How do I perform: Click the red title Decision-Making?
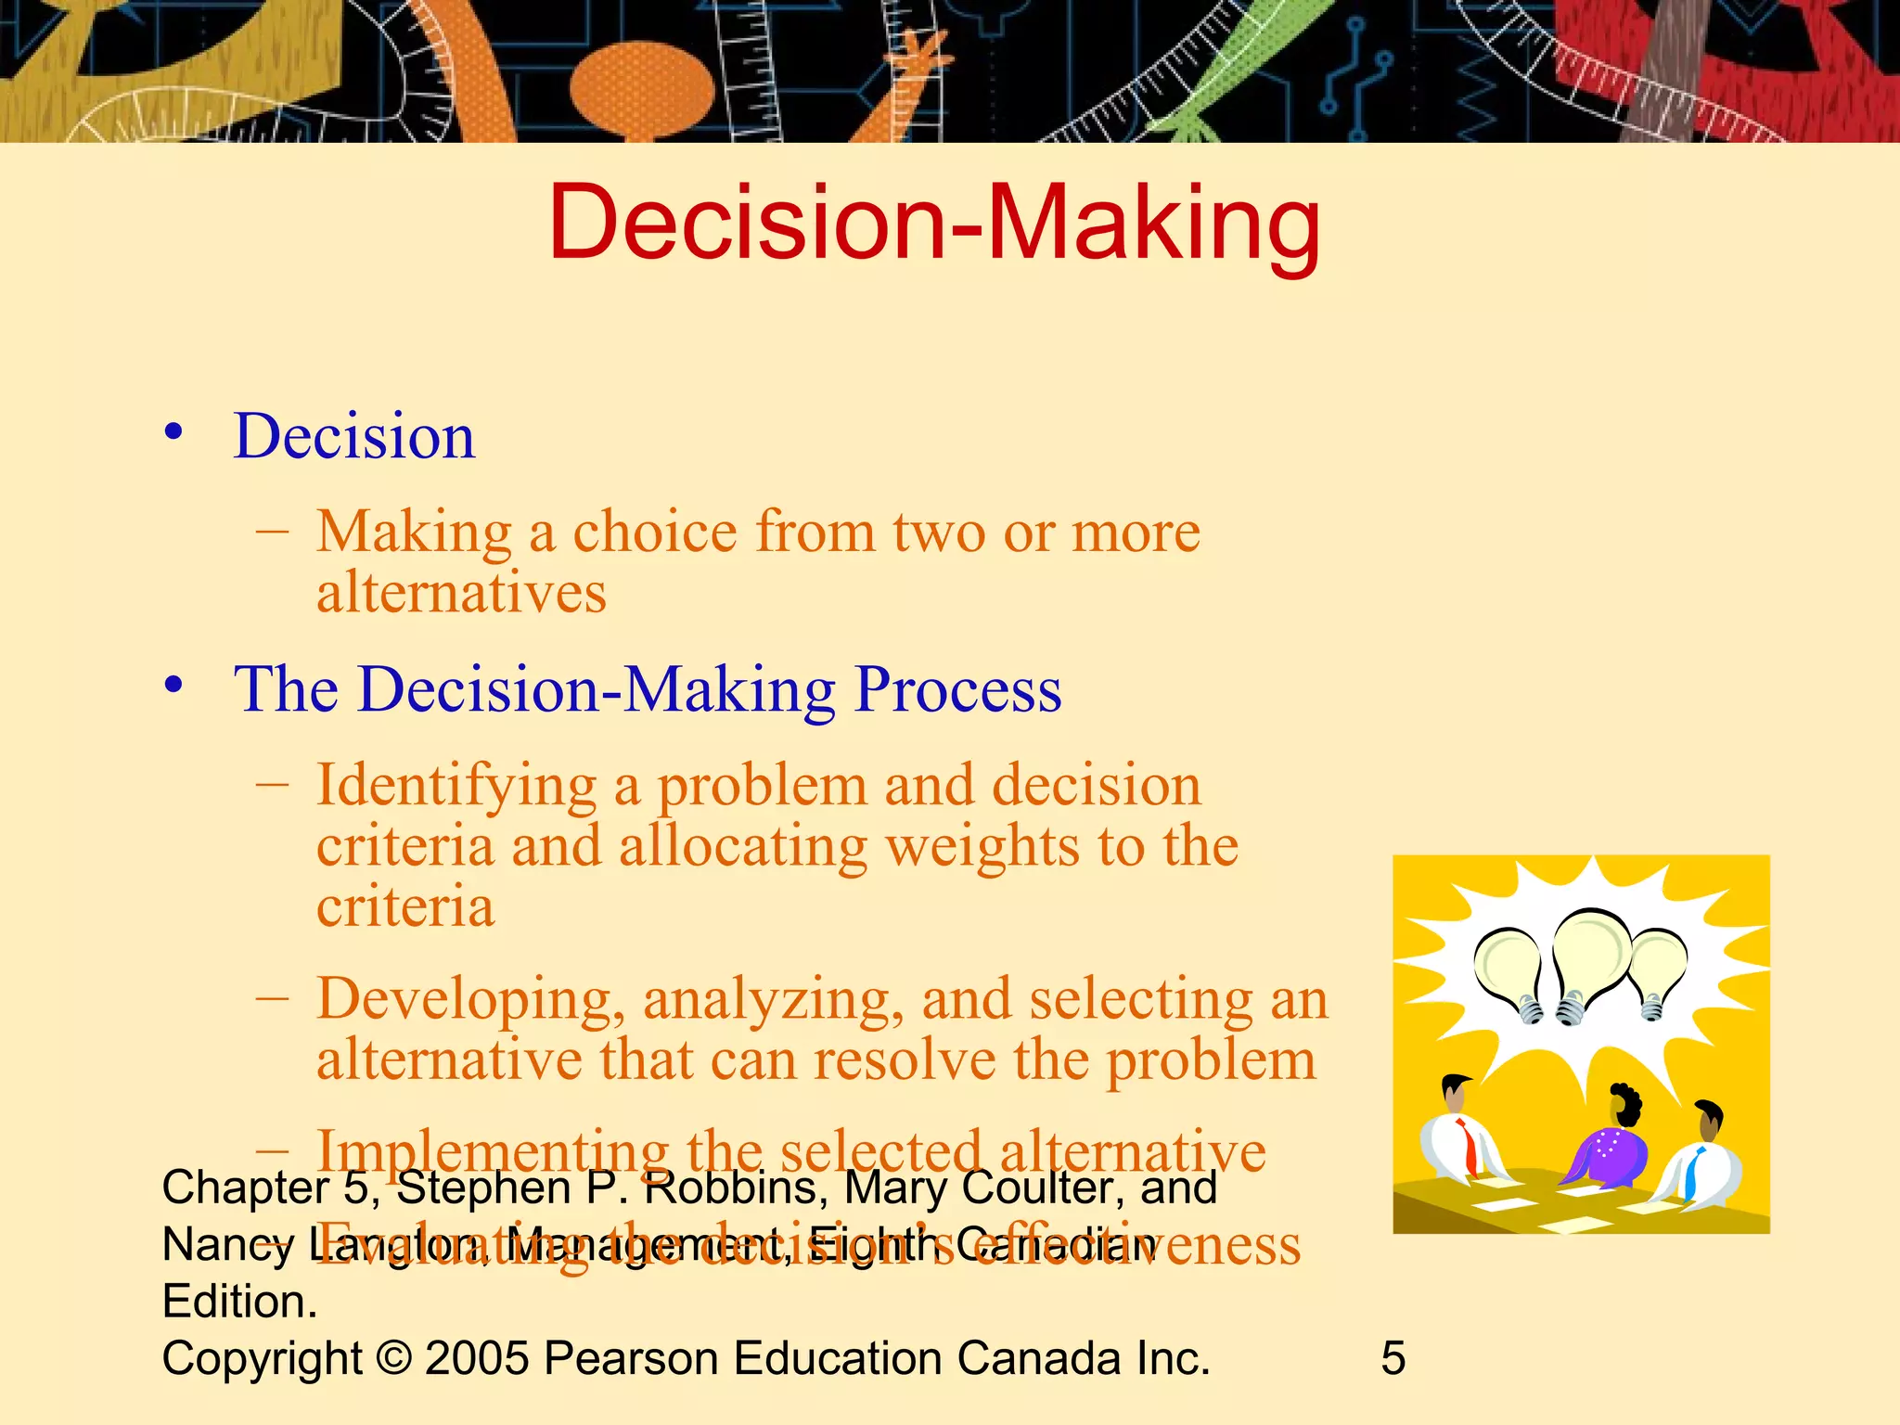934,223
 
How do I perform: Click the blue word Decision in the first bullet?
354,436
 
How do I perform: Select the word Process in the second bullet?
957,689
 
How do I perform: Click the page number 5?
1393,1358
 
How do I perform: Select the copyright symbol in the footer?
394,1358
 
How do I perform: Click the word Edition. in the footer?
239,1302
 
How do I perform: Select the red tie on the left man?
1469,1146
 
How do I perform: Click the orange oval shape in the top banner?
642,88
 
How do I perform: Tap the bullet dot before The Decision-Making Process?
173,686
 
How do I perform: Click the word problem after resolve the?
1212,1059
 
